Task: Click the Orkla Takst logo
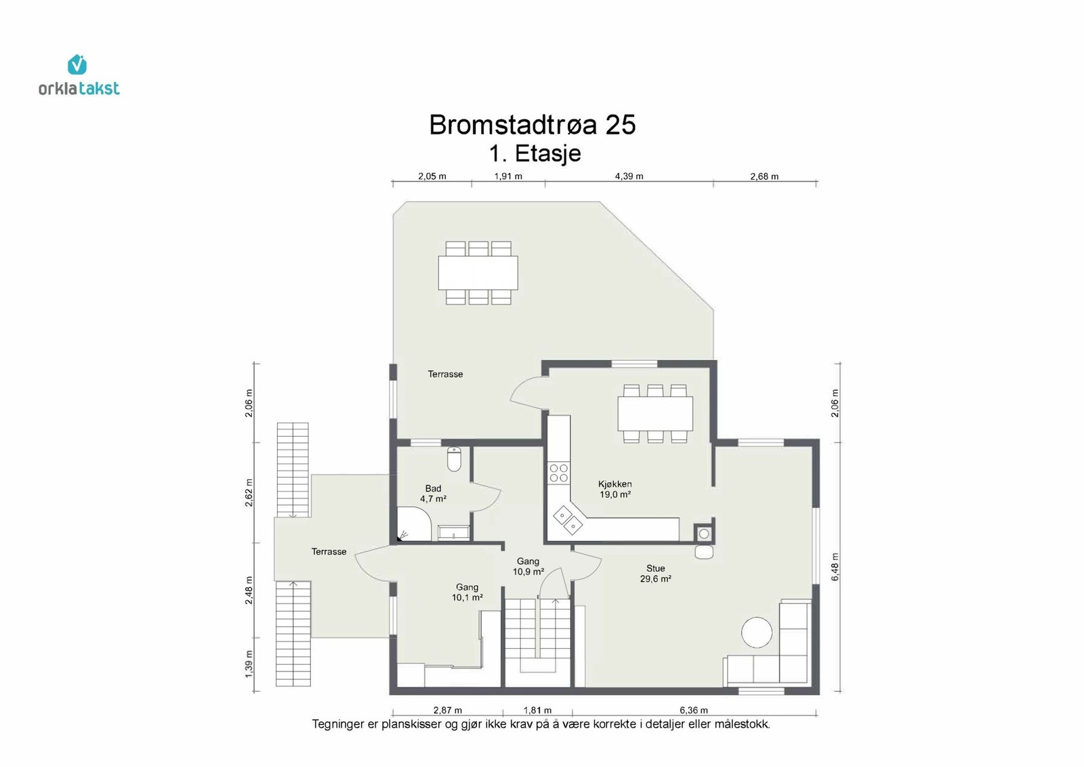pyautogui.click(x=79, y=75)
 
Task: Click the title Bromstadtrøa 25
pyautogui.click(x=533, y=125)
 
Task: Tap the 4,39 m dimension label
pyautogui.click(x=629, y=176)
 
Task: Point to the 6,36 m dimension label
pyautogui.click(x=694, y=710)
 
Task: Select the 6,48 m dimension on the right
pyautogui.click(x=835, y=566)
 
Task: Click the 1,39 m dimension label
pyautogui.click(x=249, y=663)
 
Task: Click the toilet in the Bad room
pyautogui.click(x=454, y=459)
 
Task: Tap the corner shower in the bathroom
pyautogui.click(x=414, y=524)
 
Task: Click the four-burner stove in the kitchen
pyautogui.click(x=559, y=473)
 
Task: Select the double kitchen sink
pyautogui.click(x=568, y=520)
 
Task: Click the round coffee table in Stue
pyautogui.click(x=757, y=632)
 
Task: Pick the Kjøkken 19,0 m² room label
pyautogui.click(x=615, y=489)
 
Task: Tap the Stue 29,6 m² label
pyautogui.click(x=656, y=573)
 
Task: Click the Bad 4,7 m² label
pyautogui.click(x=433, y=493)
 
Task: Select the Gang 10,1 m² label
pyautogui.click(x=467, y=592)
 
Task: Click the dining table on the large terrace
pyautogui.click(x=478, y=273)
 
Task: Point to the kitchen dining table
pyautogui.click(x=655, y=414)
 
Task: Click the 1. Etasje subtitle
pyautogui.click(x=535, y=153)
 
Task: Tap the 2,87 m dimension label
pyautogui.click(x=448, y=710)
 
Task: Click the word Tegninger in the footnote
pyautogui.click(x=338, y=724)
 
